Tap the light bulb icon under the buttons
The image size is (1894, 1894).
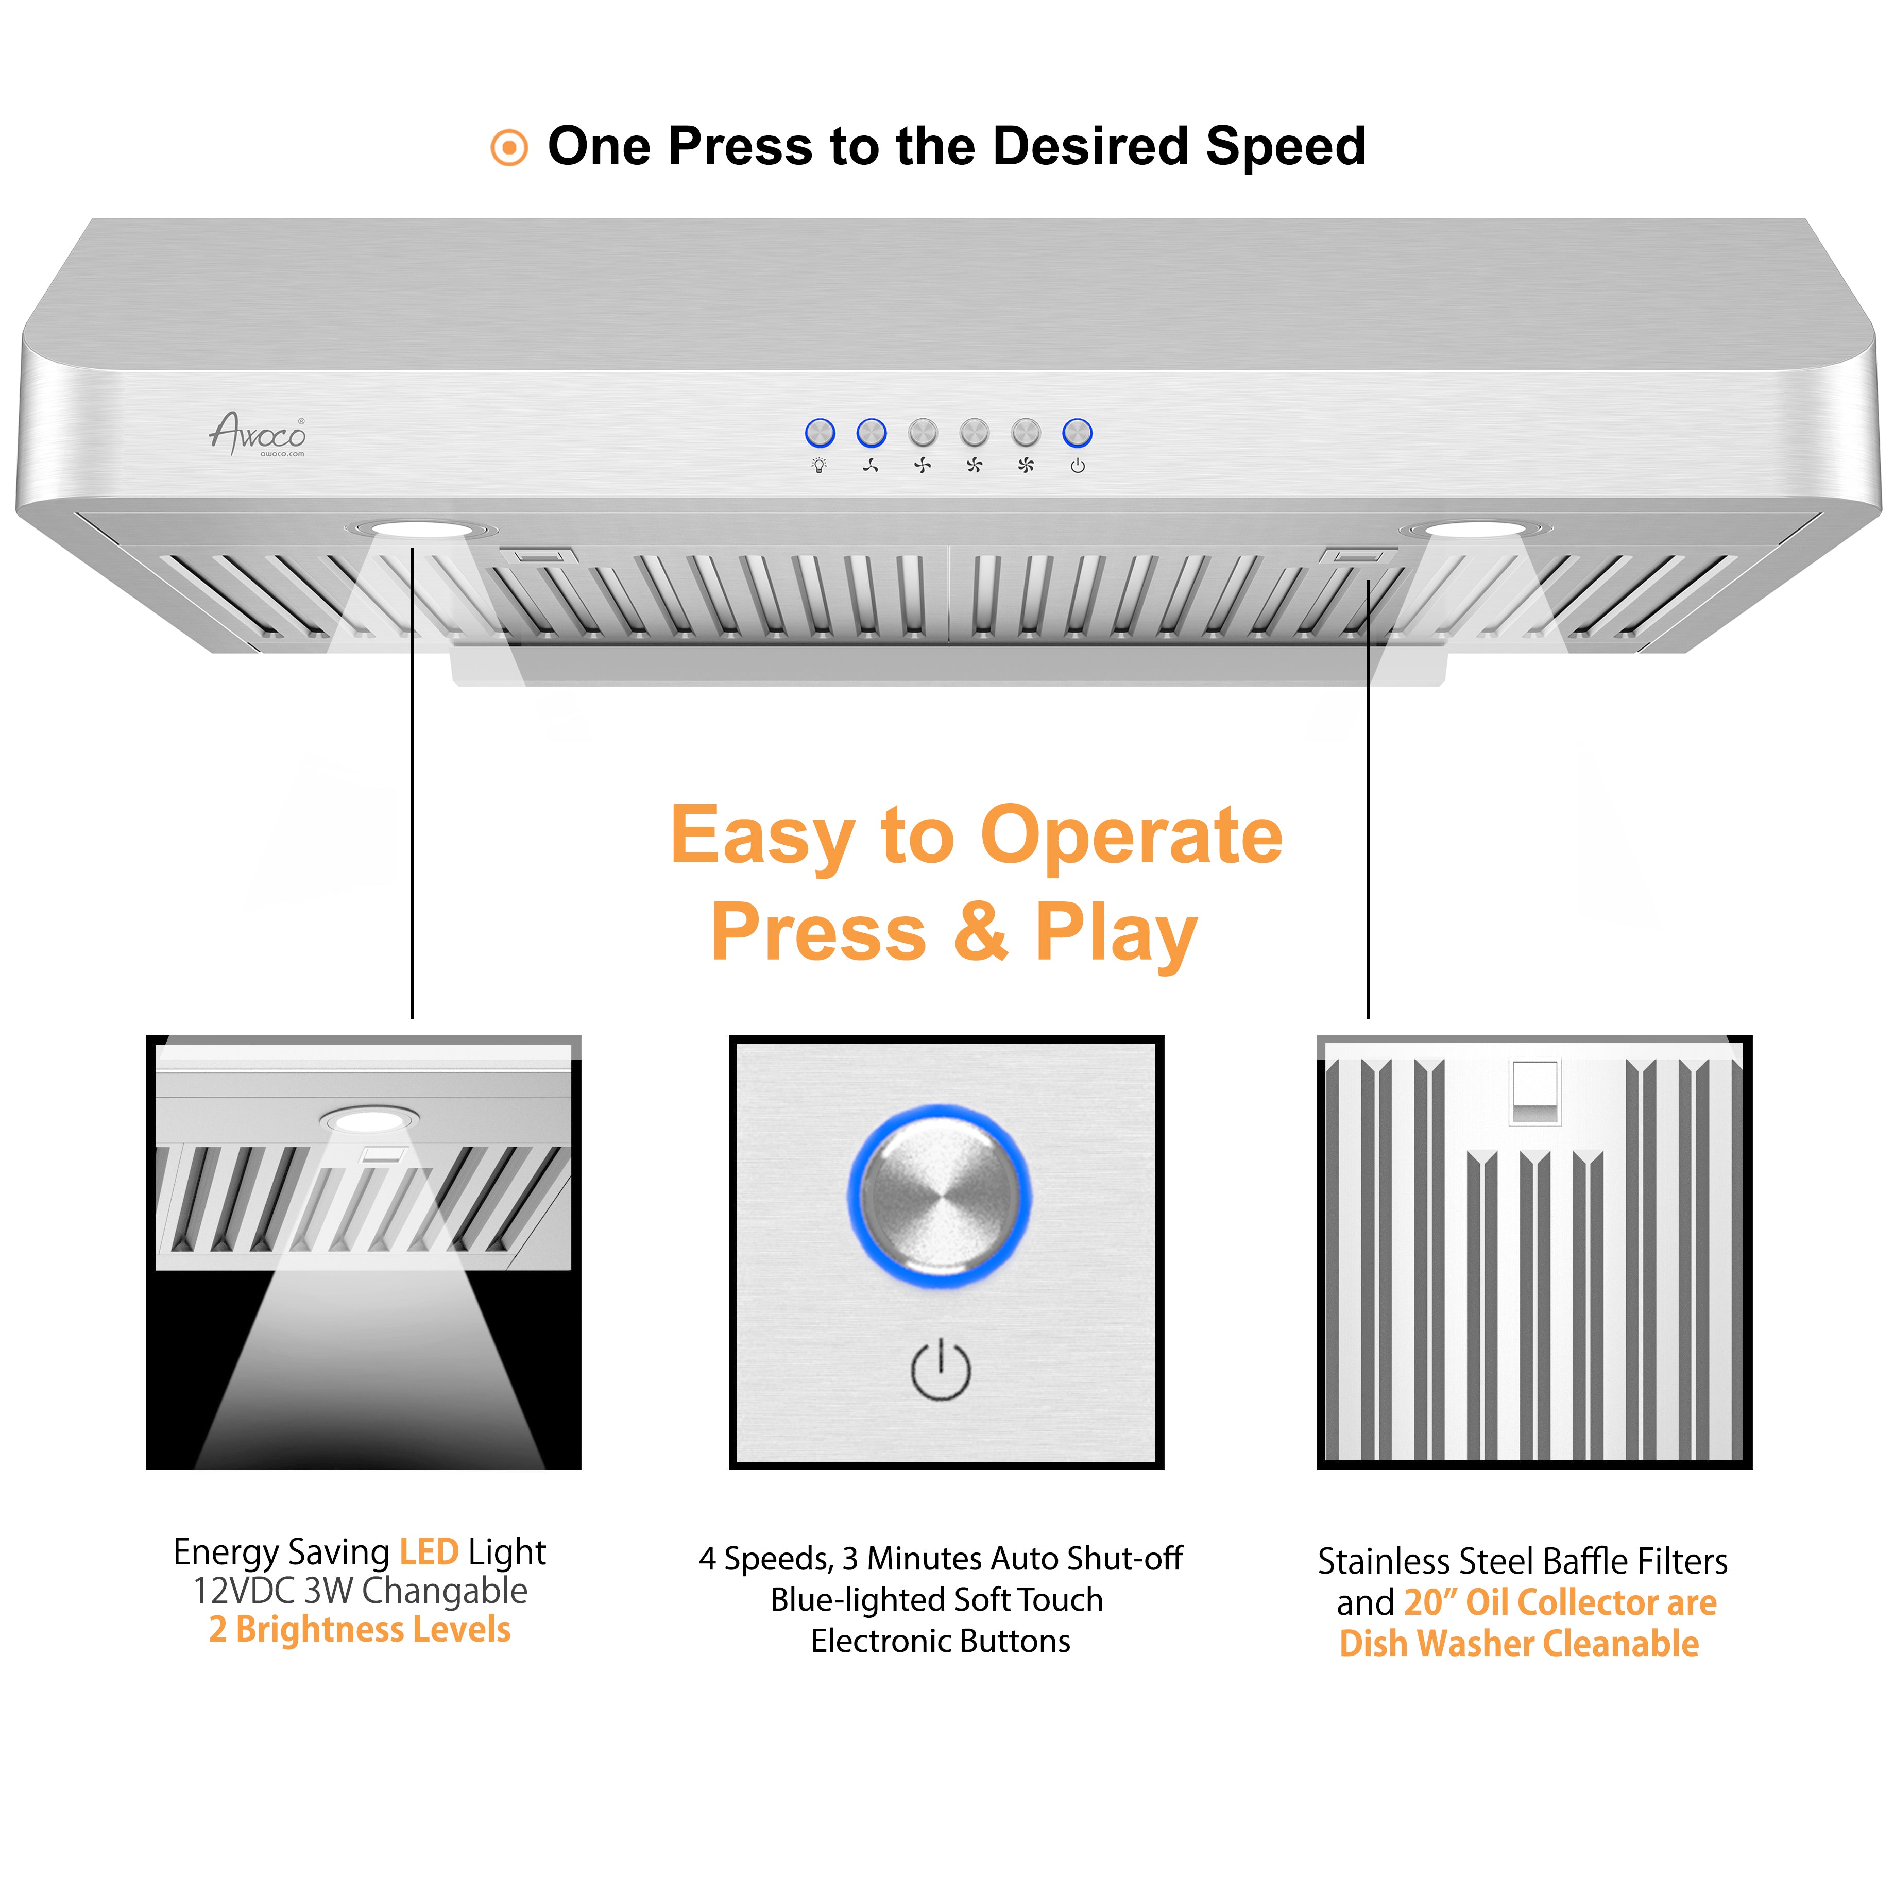point(820,466)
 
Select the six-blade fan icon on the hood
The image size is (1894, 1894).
point(1026,466)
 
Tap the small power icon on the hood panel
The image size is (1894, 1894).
point(1078,466)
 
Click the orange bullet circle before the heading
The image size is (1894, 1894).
point(509,148)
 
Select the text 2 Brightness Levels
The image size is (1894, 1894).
point(360,1629)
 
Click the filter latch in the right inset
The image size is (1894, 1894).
point(1534,1091)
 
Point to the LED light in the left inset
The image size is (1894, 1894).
point(369,1119)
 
